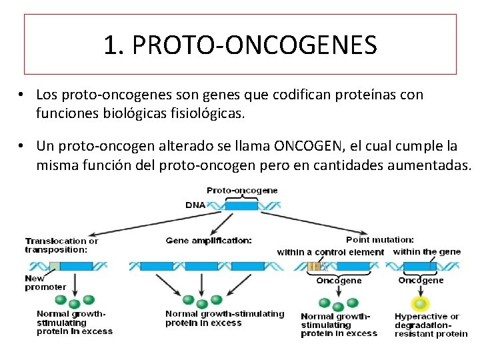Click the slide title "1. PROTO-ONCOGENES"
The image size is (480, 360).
coord(240,45)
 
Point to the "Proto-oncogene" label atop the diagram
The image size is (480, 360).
coord(242,190)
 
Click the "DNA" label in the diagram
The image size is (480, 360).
coord(195,205)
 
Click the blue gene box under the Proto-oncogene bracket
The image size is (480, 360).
coord(241,205)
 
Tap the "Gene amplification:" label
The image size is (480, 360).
coord(209,239)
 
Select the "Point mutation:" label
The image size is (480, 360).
coord(380,239)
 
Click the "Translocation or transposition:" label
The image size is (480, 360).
coord(61,245)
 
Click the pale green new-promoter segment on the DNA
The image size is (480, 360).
coord(55,266)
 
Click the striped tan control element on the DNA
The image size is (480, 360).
coord(315,266)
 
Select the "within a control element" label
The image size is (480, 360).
coord(330,252)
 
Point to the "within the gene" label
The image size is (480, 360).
coord(427,251)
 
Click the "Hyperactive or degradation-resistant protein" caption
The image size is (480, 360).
coord(431,325)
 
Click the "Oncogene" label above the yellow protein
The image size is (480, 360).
coord(421,280)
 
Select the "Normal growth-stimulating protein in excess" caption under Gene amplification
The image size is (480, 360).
coord(224,318)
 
